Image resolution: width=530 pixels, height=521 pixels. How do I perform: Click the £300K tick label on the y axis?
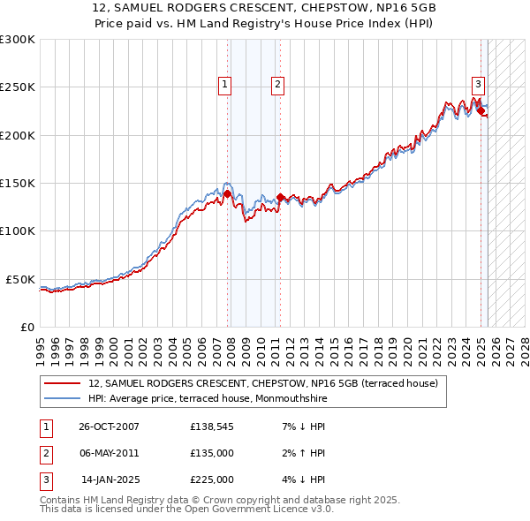(x=18, y=40)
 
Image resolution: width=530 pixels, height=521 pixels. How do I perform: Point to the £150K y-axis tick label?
(x=18, y=184)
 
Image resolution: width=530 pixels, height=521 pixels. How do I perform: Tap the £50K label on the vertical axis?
(x=20, y=279)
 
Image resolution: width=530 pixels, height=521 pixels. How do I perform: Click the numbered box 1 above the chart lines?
(x=225, y=85)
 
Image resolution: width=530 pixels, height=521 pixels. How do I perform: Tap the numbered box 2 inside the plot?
(x=277, y=85)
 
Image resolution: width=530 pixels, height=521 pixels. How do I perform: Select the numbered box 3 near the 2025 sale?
(x=478, y=85)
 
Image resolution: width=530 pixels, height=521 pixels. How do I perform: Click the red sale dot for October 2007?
(x=228, y=193)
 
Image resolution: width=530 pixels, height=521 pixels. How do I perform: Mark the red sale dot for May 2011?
(x=280, y=197)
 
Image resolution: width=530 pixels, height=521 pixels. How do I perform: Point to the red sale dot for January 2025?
(x=481, y=111)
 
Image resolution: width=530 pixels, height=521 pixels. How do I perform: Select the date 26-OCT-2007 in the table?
(x=109, y=427)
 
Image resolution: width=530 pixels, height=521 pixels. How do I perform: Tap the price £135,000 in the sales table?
(x=212, y=453)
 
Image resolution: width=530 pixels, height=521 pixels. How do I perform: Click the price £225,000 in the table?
(x=212, y=479)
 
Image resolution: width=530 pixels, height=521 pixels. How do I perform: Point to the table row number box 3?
(x=45, y=479)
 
